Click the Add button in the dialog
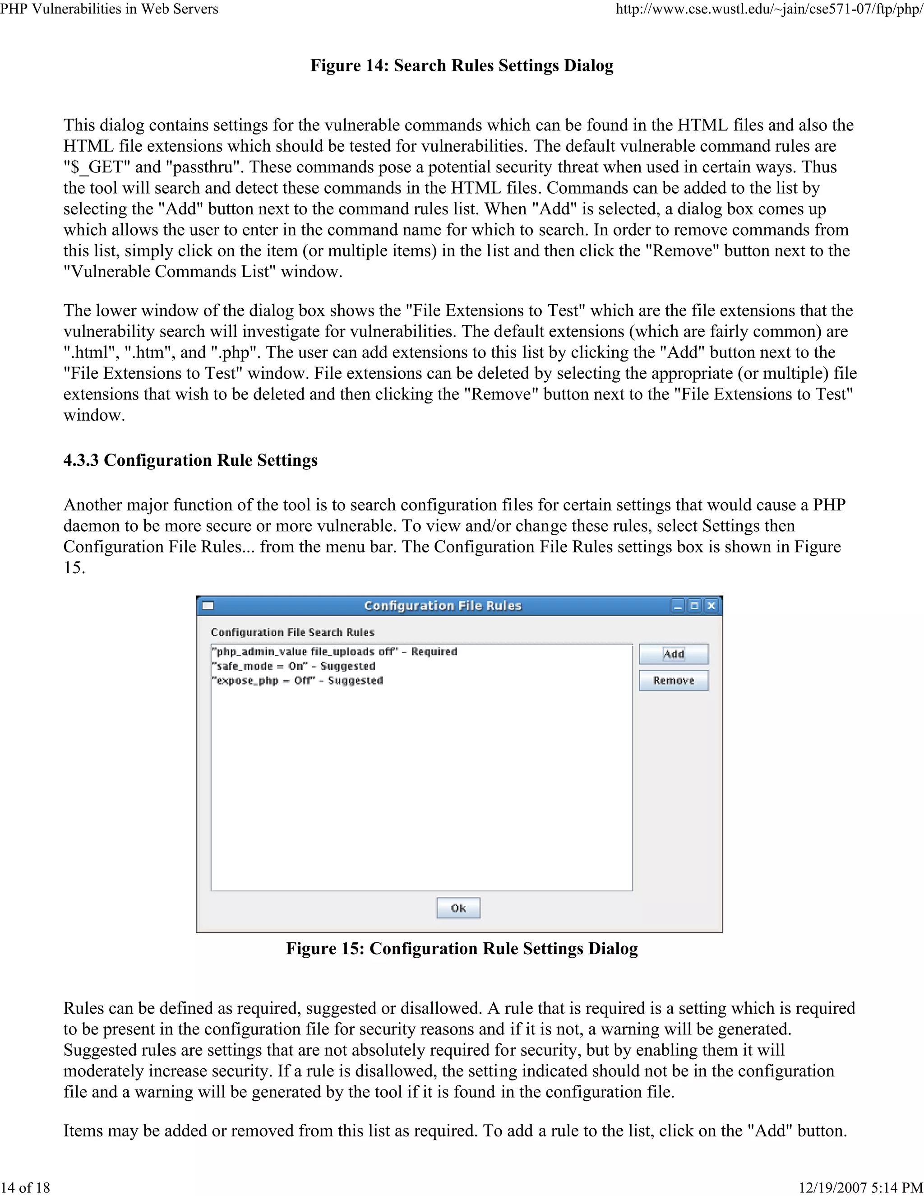tap(673, 654)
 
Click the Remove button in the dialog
tap(673, 681)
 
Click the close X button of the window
tap(711, 606)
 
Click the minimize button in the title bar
tap(678, 606)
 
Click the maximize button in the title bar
tap(694, 606)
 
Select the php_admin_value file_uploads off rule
tap(334, 652)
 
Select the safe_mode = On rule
tap(293, 666)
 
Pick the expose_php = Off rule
tap(297, 681)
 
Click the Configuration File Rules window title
tap(442, 606)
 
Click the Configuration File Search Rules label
tap(292, 632)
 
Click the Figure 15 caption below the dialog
tap(462, 949)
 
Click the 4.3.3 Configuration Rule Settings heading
tap(190, 460)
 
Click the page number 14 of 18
tap(26, 1187)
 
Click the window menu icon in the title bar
tap(208, 606)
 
